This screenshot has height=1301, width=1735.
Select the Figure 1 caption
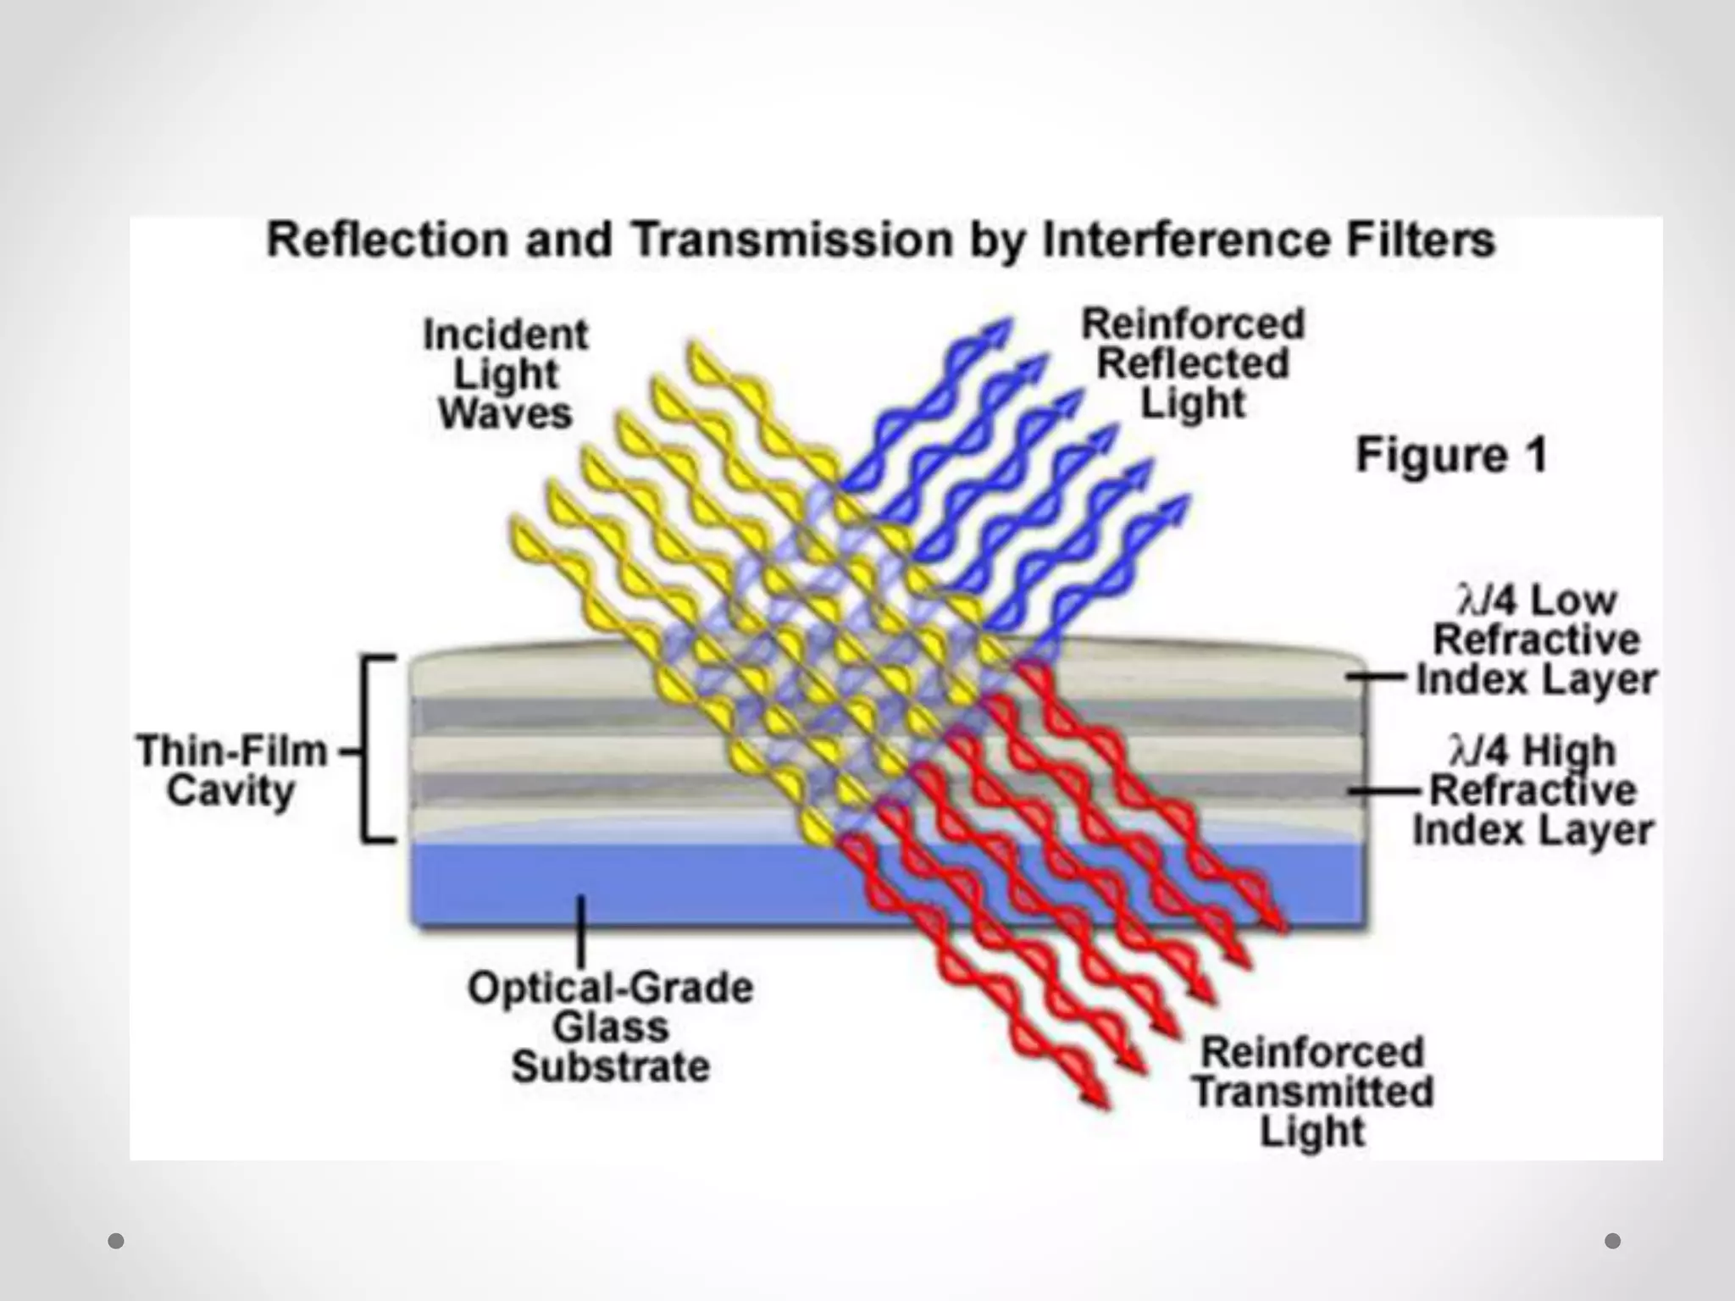point(1451,455)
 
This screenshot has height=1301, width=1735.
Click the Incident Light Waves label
point(506,374)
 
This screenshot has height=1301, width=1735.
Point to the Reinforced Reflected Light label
point(1193,363)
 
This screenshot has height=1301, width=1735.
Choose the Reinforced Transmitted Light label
point(1313,1092)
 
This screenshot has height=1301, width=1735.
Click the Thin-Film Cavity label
point(231,771)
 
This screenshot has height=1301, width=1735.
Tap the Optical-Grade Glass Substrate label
point(611,1027)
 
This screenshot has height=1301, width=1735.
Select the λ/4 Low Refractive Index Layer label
point(1536,640)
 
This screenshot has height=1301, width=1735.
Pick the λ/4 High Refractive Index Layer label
point(1533,790)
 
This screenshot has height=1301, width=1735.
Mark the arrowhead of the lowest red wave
point(1096,1096)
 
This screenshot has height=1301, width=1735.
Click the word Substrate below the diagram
point(611,1066)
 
